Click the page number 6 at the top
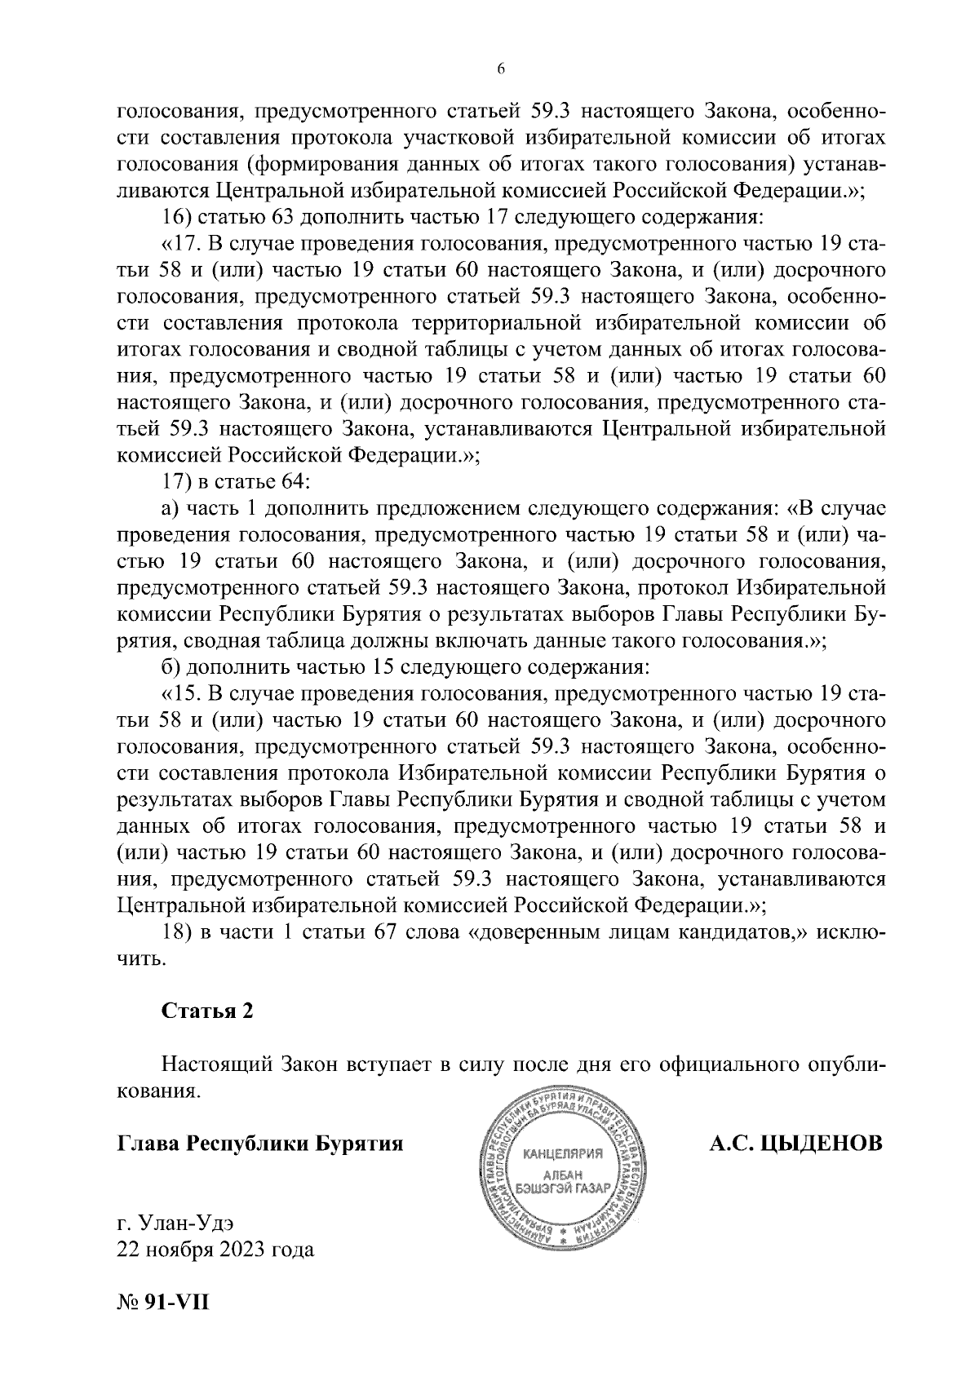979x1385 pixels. pyautogui.click(x=501, y=70)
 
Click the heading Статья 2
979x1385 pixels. pyautogui.click(x=207, y=1011)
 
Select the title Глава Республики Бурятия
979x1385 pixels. pyautogui.click(x=260, y=1144)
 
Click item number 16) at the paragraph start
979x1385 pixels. pyautogui.click(x=175, y=218)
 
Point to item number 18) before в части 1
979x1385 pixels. pyautogui.click(x=175, y=932)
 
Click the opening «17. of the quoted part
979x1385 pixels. pyautogui.click(x=181, y=244)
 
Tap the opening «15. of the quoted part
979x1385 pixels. pyautogui.click(x=181, y=694)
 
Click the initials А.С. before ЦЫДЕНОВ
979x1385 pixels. pyautogui.click(x=731, y=1144)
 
